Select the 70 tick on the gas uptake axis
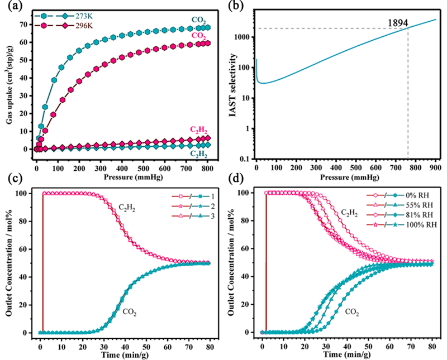pyautogui.click(x=26, y=25)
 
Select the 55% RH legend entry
pyautogui.click(x=420, y=205)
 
